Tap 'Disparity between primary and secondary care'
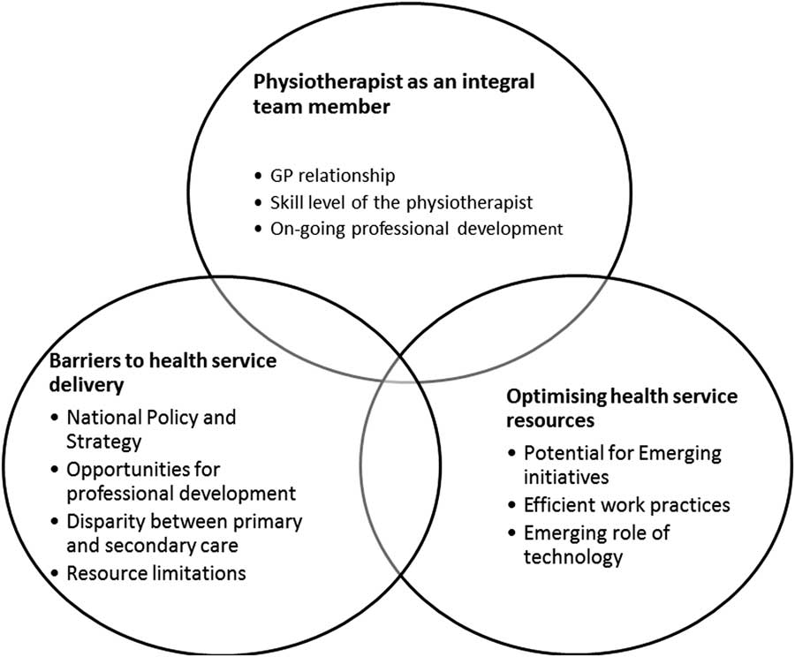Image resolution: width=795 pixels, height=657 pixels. [x=184, y=532]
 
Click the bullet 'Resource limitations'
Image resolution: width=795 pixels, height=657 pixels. [x=156, y=572]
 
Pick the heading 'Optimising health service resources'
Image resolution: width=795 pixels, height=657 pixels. [x=622, y=408]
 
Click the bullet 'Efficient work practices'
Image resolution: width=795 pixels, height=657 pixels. [x=626, y=506]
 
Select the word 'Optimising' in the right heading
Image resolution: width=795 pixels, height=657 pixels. [x=550, y=397]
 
